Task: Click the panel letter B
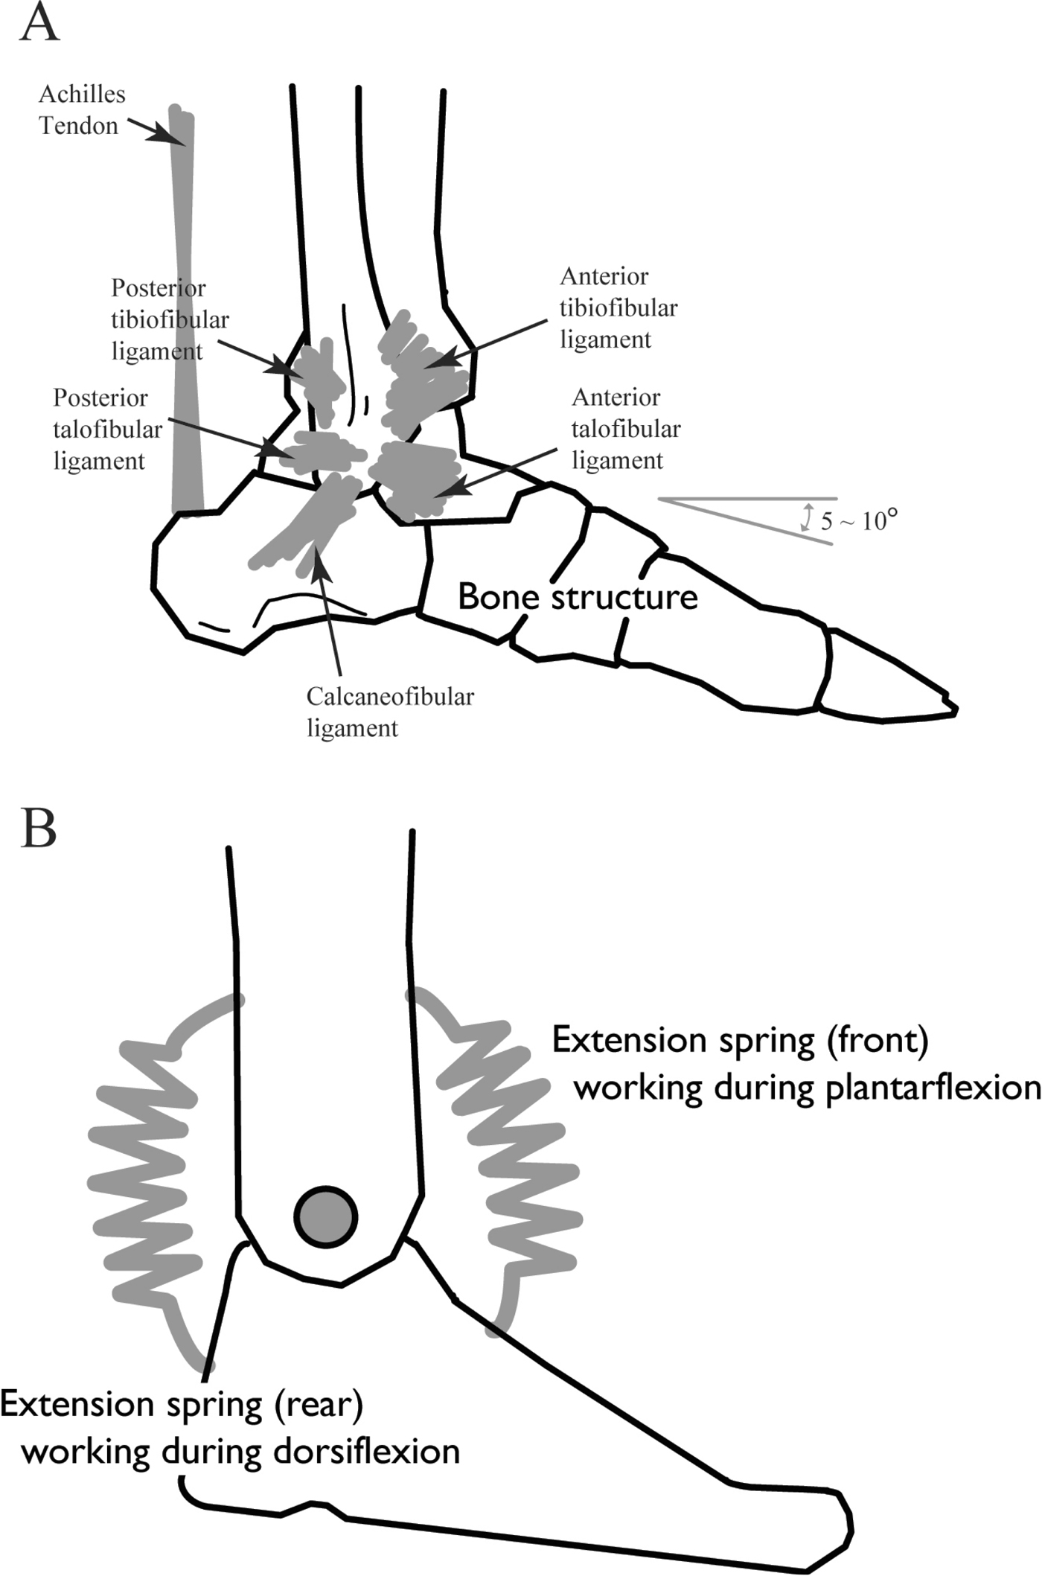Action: pos(39,829)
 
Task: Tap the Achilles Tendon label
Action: pos(82,110)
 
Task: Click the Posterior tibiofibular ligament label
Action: pos(170,319)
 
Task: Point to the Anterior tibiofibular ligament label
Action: pos(618,307)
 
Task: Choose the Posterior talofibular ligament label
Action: pos(107,430)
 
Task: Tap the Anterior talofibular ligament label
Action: pos(625,429)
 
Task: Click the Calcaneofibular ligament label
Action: pos(389,712)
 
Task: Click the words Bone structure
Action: pos(578,597)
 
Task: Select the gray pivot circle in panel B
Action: pos(325,1217)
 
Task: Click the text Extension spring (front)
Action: pos(740,1040)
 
